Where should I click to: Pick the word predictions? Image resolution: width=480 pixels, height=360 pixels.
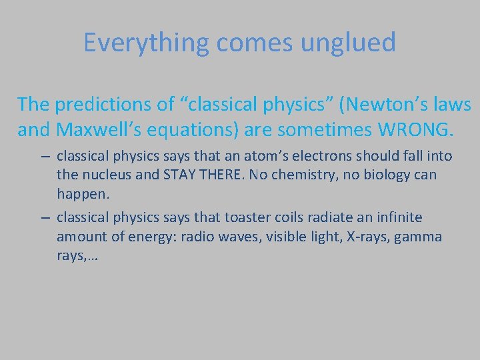tap(114, 105)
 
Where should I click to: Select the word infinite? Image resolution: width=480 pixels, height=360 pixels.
tap(397, 217)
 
